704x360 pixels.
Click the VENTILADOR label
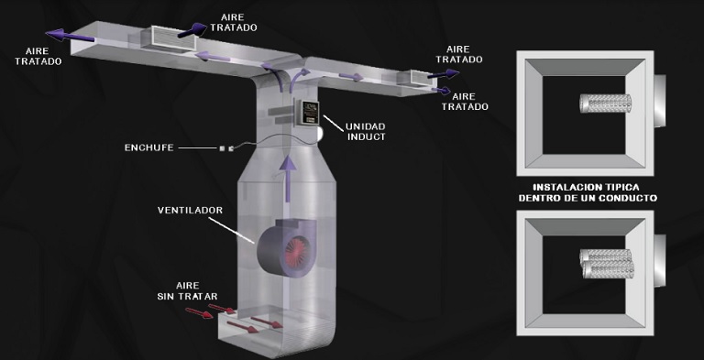click(190, 210)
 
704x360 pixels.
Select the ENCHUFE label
click(149, 147)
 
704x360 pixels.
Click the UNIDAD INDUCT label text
click(365, 132)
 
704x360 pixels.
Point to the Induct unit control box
click(308, 113)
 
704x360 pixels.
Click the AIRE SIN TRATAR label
click(187, 291)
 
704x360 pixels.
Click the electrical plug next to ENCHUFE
click(226, 147)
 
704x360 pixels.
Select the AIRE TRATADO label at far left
click(38, 57)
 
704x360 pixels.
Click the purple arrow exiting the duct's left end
click(70, 36)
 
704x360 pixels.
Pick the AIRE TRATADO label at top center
click(234, 23)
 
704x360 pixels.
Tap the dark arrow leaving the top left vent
click(193, 30)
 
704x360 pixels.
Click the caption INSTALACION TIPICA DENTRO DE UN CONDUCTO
click(588, 192)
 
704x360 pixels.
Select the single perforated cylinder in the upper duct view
click(605, 104)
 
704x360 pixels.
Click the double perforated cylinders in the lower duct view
click(607, 264)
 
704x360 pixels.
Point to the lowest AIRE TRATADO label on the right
click(465, 102)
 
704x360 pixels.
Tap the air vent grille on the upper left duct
click(173, 38)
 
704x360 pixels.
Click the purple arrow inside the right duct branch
click(351, 77)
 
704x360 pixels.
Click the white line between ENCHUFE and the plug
click(198, 147)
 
